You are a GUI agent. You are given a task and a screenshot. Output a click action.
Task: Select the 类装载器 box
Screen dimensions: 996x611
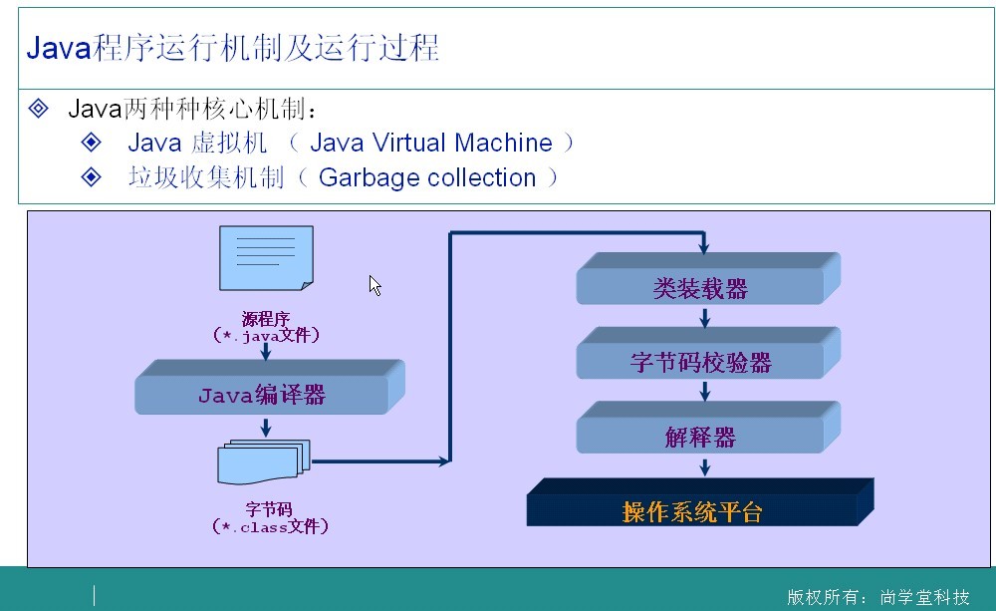(x=700, y=288)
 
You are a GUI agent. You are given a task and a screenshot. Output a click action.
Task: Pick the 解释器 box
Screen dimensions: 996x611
(x=700, y=437)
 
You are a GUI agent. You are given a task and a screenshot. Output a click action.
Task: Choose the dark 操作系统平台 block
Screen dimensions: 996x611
(x=692, y=511)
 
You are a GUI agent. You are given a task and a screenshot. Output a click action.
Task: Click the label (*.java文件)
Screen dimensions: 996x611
(x=266, y=336)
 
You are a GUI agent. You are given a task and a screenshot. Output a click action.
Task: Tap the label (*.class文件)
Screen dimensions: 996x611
(x=270, y=526)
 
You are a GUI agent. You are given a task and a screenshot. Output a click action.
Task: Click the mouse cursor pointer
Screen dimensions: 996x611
(x=374, y=285)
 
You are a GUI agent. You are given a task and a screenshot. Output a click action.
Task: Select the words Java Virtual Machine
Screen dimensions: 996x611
(x=430, y=143)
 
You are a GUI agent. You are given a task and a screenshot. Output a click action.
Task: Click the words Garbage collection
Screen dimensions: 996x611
(x=426, y=177)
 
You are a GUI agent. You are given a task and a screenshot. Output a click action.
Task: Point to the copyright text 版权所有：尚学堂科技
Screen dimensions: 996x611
(x=877, y=597)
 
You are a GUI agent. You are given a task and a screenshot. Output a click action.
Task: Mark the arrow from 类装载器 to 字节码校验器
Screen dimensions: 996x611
(x=705, y=317)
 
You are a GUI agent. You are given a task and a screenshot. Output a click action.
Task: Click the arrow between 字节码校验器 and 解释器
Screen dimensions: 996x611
(x=705, y=391)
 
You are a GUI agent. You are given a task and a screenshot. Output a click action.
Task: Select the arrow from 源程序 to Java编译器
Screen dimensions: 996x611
(x=266, y=351)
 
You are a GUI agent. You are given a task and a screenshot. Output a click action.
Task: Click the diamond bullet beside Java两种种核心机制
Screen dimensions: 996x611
(x=39, y=108)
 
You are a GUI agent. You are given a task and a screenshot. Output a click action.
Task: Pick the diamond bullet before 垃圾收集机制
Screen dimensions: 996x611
(x=92, y=177)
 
